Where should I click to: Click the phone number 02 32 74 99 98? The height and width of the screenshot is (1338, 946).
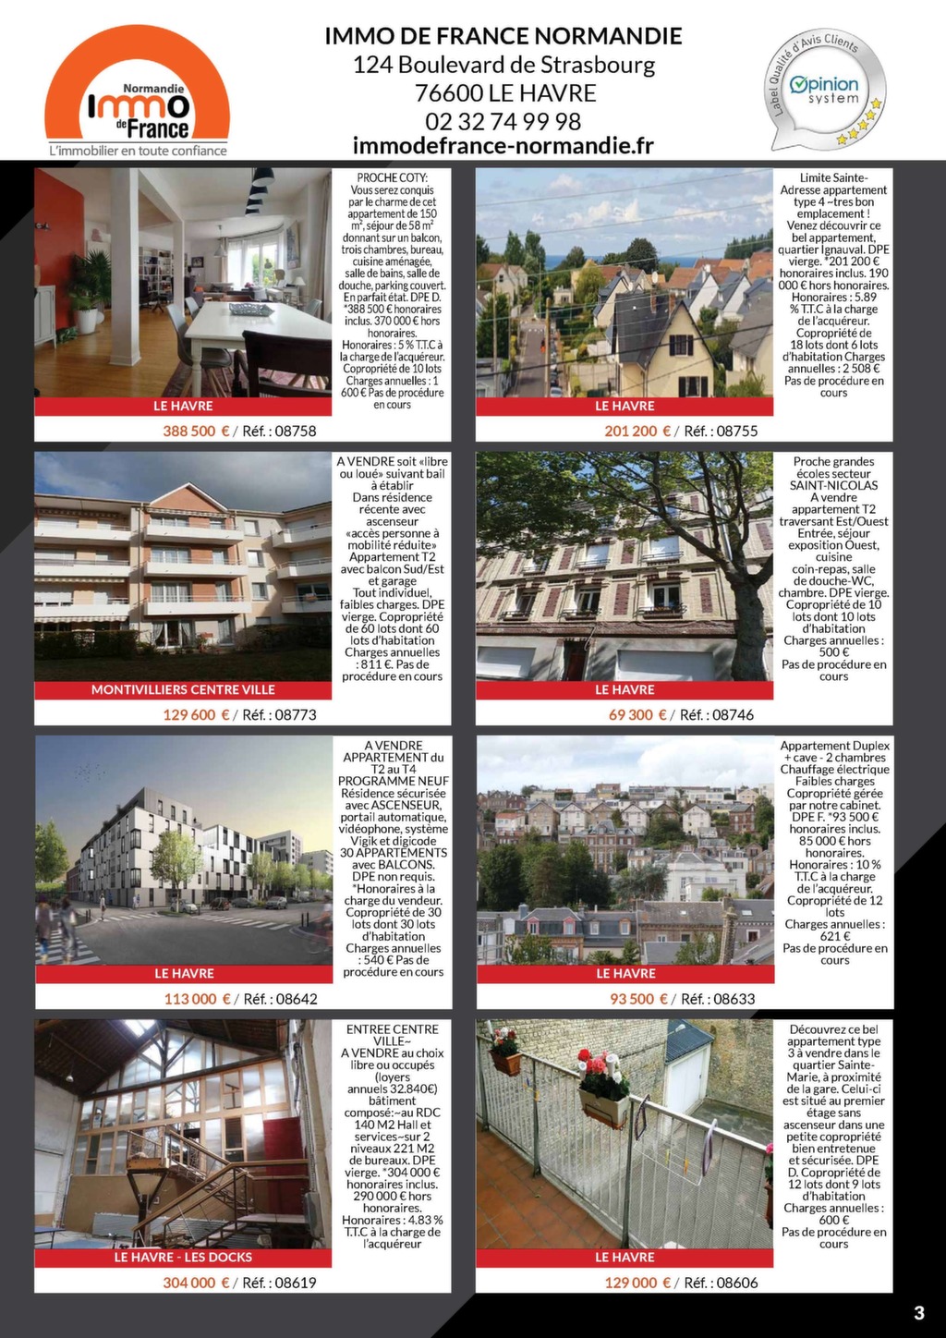[x=503, y=121]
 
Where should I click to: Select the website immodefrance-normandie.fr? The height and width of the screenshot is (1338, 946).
[x=503, y=146]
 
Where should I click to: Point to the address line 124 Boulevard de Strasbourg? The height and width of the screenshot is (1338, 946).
[x=503, y=66]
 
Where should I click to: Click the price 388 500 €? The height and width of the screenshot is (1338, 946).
[x=196, y=431]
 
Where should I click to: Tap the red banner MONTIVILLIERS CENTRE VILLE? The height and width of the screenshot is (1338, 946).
[x=183, y=689]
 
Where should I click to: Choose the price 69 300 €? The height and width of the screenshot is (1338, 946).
[x=637, y=714]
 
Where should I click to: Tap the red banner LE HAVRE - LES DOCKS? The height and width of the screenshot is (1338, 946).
[x=183, y=1257]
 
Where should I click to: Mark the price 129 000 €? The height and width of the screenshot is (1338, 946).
[x=637, y=1283]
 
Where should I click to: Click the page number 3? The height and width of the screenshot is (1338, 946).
[x=918, y=1313]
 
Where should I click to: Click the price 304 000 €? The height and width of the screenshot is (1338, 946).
[x=196, y=1283]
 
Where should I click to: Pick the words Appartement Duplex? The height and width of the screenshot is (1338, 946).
[x=834, y=746]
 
